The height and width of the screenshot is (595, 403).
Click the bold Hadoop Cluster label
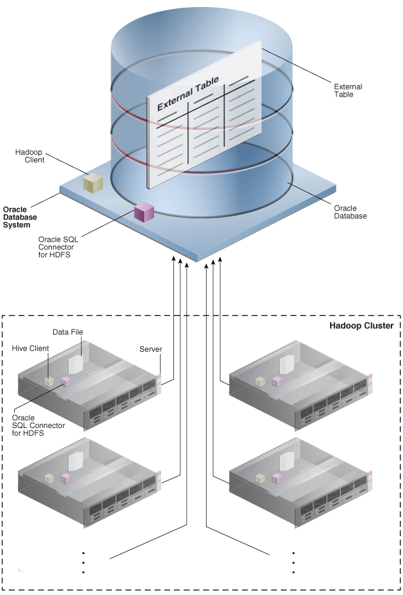coord(361,326)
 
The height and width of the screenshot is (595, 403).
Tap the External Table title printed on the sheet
coord(187,93)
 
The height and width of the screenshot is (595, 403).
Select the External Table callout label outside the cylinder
coord(347,90)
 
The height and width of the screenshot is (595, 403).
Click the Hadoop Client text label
coord(30,155)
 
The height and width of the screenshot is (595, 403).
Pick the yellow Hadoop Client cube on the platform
coord(93,183)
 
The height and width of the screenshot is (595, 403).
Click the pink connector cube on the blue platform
coord(144,212)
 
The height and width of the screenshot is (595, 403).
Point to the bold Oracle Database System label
coord(20,217)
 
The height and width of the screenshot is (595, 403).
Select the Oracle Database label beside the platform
coord(350,212)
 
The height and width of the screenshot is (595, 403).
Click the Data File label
coord(68,332)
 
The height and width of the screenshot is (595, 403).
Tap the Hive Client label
coord(30,349)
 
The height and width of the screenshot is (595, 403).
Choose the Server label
coord(150,349)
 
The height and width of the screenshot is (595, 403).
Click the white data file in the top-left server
coord(75,365)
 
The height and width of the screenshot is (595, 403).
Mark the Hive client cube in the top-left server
coord(48,382)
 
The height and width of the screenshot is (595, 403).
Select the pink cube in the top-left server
coord(65,381)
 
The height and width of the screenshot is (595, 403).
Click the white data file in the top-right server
coord(286,365)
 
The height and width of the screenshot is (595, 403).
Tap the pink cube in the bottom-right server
coord(276,479)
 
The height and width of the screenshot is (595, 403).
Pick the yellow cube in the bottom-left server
coord(48,478)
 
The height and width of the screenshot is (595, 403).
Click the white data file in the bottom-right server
coord(286,462)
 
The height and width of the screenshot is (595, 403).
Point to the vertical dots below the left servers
coord(84,561)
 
